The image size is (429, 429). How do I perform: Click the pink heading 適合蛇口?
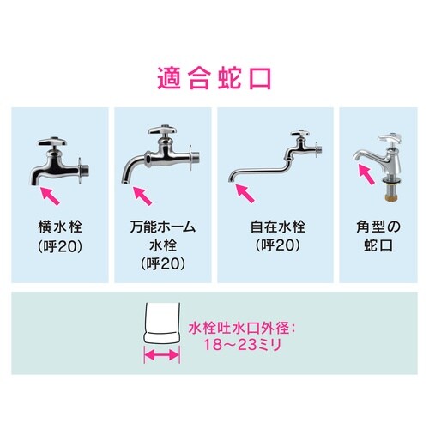[x=214, y=78]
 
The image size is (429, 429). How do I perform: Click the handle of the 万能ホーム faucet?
[x=161, y=130]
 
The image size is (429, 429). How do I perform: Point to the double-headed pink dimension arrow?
[x=161, y=353]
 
